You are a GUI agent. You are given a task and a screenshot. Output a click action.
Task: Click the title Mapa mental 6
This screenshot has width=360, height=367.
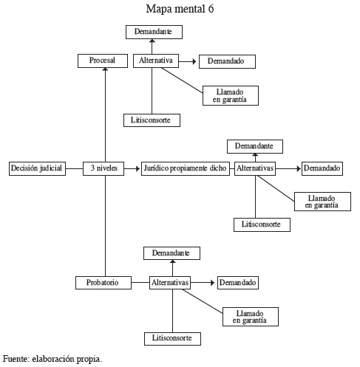[180, 9]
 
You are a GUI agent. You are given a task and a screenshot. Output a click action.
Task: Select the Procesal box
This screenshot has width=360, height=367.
[103, 61]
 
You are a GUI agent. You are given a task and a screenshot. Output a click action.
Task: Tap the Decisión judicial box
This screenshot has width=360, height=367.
[37, 168]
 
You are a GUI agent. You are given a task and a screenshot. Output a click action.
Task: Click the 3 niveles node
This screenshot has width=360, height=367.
[103, 168]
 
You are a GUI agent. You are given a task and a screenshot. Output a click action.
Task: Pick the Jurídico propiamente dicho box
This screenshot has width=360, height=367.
[186, 168]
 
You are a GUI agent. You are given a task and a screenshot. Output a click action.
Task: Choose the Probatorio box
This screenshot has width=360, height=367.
[103, 283]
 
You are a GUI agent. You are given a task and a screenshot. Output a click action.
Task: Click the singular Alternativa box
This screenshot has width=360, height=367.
[156, 61]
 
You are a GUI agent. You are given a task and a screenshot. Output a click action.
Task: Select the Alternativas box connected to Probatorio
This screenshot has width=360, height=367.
[170, 283]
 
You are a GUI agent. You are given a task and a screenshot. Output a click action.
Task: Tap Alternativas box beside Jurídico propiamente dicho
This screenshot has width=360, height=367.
[255, 168]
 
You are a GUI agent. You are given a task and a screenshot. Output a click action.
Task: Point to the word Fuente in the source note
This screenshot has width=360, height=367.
[16, 359]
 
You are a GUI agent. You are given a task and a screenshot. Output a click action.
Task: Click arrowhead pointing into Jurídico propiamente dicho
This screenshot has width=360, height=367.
[137, 168]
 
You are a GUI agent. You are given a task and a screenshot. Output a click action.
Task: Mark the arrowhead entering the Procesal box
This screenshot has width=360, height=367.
[105, 69]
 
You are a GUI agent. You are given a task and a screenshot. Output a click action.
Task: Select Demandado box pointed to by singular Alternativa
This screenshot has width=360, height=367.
[227, 61]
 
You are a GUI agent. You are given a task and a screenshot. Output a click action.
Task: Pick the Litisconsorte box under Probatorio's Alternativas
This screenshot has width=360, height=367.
[172, 339]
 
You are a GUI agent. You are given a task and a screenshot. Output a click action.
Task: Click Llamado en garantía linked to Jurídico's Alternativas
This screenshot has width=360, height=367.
[322, 202]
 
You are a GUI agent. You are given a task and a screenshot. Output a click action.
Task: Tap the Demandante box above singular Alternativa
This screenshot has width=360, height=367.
[154, 32]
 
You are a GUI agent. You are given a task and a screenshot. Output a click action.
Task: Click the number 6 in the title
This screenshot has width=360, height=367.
[211, 9]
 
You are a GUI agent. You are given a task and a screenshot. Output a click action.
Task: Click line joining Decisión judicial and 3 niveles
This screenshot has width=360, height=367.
[74, 168]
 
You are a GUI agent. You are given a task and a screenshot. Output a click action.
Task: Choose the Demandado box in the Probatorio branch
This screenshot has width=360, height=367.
[238, 283]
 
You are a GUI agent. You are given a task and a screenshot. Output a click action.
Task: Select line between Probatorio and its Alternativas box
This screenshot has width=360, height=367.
[140, 282]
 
